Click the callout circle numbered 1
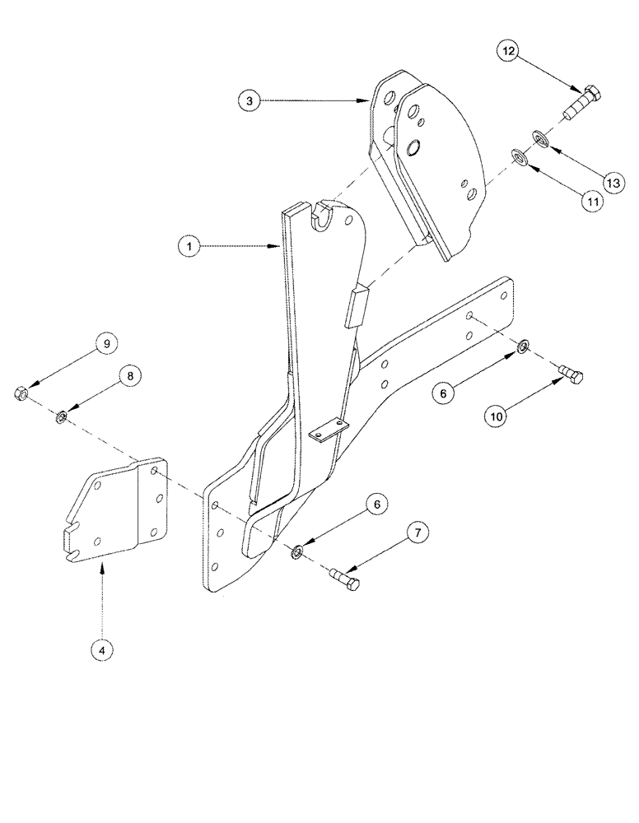click(190, 245)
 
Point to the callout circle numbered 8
click(128, 375)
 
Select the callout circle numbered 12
click(510, 51)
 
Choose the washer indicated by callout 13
click(539, 134)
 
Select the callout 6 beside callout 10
click(442, 394)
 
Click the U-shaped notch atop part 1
click(320, 214)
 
